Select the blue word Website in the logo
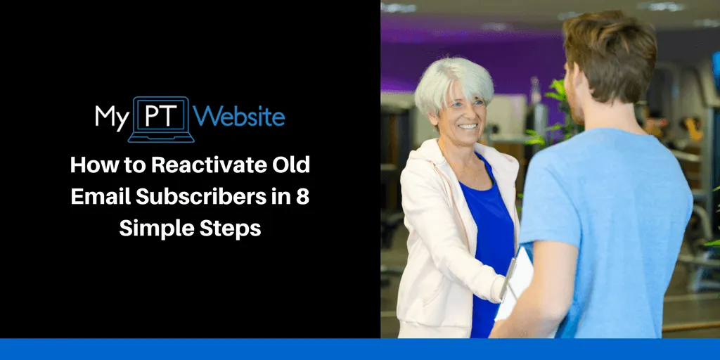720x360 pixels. click(241, 116)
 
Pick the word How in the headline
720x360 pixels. click(90, 167)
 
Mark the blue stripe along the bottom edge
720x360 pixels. click(360, 349)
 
